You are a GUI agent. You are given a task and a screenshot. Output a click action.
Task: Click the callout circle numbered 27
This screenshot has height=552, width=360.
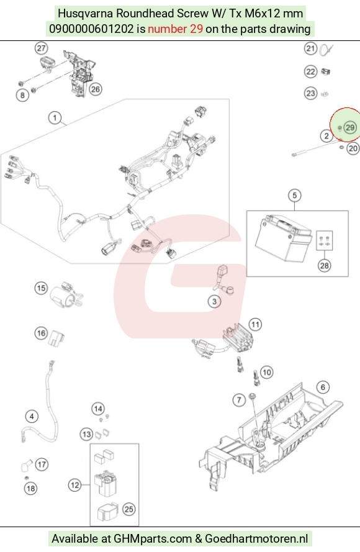point(42,48)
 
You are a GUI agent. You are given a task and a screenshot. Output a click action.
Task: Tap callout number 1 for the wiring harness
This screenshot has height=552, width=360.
point(55,117)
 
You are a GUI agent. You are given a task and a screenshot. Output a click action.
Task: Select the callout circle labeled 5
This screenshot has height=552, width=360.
point(295,196)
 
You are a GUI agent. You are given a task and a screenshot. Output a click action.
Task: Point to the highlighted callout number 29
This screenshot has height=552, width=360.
point(350,127)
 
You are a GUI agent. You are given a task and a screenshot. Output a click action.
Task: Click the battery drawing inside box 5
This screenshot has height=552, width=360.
point(283,238)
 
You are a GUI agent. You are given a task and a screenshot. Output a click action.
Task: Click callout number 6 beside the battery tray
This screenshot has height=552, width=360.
point(323,387)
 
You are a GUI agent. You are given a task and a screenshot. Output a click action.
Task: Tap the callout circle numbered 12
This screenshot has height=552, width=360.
point(74,486)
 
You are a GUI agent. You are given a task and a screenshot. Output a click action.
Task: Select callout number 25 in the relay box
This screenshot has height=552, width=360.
point(129,509)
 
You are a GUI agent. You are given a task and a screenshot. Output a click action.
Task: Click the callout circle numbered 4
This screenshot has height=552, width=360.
point(32,417)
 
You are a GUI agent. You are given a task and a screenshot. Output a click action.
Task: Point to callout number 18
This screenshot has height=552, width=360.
point(31,488)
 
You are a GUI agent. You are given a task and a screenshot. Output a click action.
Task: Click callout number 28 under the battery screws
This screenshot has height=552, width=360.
point(324,265)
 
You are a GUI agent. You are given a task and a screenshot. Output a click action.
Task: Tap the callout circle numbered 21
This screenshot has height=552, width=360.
point(310,48)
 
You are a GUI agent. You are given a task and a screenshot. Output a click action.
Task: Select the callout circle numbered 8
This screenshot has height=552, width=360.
point(22,95)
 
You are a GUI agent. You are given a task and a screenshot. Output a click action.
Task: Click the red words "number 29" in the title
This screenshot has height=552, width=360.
point(175,29)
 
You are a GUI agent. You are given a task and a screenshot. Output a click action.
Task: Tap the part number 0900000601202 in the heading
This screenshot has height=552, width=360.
point(91,29)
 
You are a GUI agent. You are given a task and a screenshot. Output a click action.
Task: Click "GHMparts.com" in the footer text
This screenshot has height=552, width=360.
point(152,538)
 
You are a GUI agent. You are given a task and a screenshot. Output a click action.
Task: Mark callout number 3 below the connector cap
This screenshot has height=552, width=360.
point(214,301)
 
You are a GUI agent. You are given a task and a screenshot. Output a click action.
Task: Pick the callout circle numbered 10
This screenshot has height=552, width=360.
point(266,372)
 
